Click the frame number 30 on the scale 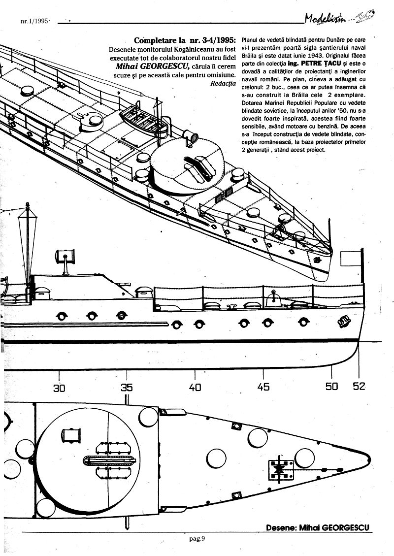59,388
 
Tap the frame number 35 127,388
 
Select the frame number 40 195,388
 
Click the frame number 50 331,387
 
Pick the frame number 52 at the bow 359,386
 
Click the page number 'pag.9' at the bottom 197,538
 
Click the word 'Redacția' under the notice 223,83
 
